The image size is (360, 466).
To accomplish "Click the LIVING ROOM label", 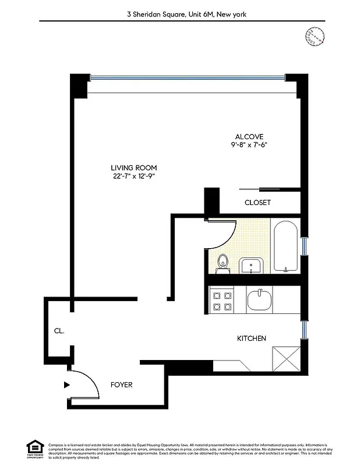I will click(x=133, y=167).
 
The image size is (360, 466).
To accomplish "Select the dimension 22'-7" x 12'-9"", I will click(x=133, y=176).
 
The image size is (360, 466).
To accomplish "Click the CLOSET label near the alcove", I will click(x=257, y=203).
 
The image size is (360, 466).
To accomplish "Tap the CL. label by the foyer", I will click(x=59, y=331).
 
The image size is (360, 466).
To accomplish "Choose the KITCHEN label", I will click(x=251, y=338).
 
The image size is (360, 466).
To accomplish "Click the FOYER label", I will click(x=122, y=385).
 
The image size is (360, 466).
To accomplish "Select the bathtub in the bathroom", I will click(x=285, y=246).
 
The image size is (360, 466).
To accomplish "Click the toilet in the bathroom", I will click(x=221, y=263).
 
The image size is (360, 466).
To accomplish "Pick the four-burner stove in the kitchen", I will click(x=222, y=301).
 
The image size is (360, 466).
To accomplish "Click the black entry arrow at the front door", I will click(x=67, y=384).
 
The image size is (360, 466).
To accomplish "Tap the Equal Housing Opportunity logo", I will click(x=35, y=449).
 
